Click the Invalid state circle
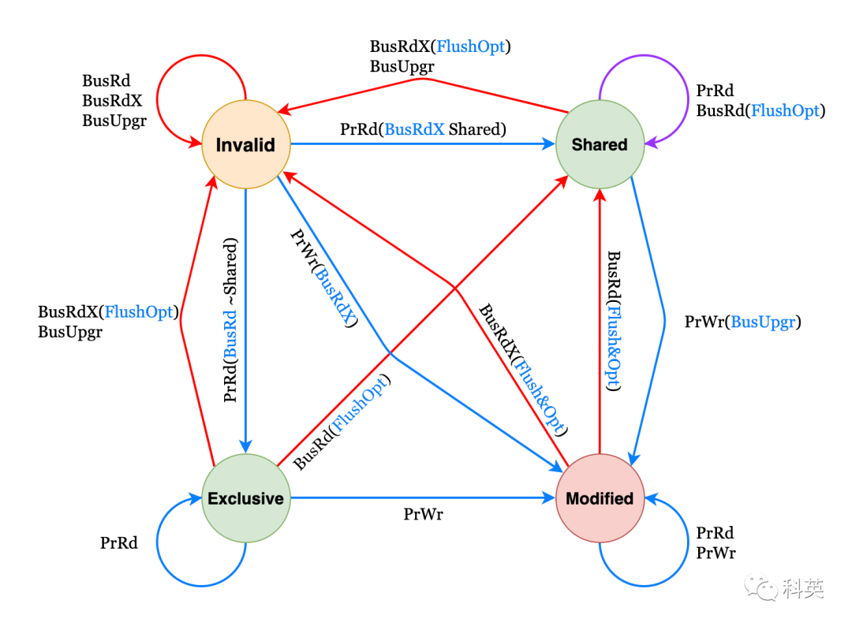(x=246, y=144)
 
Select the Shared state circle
(x=600, y=144)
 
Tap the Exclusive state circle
(x=246, y=498)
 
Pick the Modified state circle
(x=600, y=498)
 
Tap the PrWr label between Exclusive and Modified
(x=423, y=515)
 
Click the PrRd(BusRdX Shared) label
(x=423, y=129)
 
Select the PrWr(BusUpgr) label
(x=742, y=322)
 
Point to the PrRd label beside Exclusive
(x=118, y=542)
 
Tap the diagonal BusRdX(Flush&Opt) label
(x=524, y=370)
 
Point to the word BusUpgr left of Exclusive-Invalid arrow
(x=70, y=332)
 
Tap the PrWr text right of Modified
(x=716, y=553)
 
